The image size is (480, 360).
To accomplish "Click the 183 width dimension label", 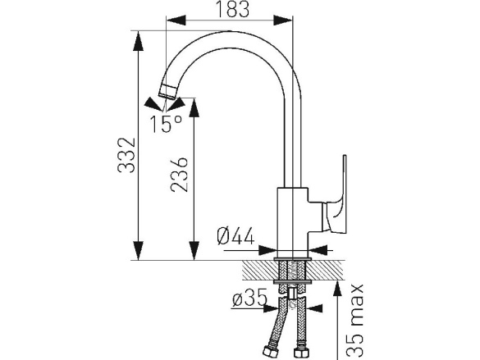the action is [233, 9].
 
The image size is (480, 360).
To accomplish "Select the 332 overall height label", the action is [126, 155].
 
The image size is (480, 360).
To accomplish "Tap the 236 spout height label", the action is [179, 175].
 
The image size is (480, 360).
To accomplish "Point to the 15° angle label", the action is [166, 124].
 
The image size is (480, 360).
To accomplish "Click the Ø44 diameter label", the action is [235, 236].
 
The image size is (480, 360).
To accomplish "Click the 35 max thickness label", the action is [356, 321].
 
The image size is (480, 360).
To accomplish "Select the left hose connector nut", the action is [268, 351].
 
